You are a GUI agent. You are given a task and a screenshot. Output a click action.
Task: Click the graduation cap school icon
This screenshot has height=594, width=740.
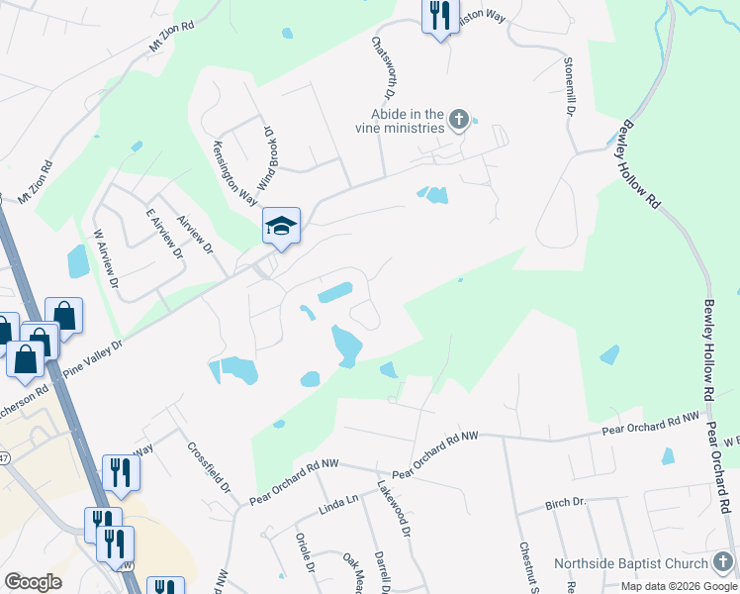pyautogui.click(x=281, y=226)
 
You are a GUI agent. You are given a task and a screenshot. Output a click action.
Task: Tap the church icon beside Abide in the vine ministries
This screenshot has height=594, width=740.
pyautogui.click(x=458, y=121)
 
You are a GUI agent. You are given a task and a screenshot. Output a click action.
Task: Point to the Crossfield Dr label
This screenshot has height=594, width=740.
pyautogui.click(x=209, y=467)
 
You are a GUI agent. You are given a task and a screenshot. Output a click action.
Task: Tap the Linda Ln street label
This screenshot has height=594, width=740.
pyautogui.click(x=338, y=507)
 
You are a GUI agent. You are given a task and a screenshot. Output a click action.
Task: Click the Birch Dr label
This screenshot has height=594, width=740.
pyautogui.click(x=565, y=504)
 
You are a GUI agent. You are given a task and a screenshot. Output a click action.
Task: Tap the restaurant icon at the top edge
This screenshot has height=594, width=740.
pyautogui.click(x=440, y=16)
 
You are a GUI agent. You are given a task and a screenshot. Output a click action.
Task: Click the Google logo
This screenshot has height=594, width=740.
pyautogui.click(x=32, y=582)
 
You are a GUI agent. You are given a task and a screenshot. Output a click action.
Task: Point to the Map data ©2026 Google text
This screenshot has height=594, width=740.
pyautogui.click(x=679, y=586)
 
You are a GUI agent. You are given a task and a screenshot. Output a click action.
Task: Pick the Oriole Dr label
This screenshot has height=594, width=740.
pyautogui.click(x=305, y=553)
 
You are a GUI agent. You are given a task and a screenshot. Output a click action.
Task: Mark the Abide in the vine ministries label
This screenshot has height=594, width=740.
pyautogui.click(x=401, y=121)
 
